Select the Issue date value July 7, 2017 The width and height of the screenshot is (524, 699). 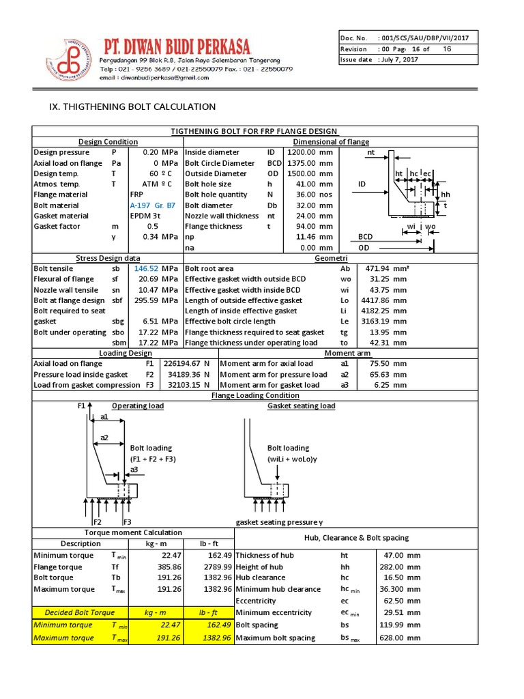pos(399,60)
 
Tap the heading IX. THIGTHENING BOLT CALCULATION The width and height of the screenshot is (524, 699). pos(125,106)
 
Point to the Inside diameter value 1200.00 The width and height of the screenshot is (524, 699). pos(301,152)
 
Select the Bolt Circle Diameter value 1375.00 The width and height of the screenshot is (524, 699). pos(301,163)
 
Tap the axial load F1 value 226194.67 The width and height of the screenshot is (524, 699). pos(179,364)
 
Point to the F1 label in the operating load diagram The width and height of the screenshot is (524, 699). pos(81,406)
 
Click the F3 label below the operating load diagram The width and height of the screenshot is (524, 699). pos(127,522)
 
